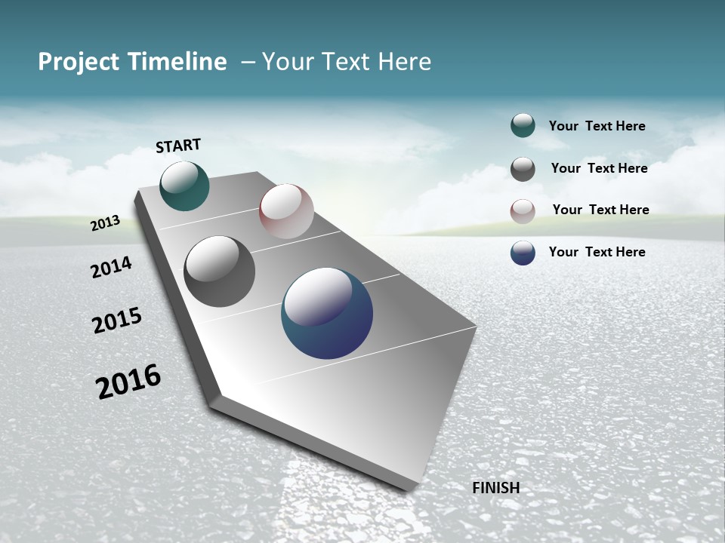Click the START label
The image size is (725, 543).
[178, 146]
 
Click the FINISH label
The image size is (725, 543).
[495, 488]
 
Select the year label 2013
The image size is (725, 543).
[106, 223]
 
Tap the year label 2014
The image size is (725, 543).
[111, 267]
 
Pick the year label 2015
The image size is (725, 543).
[117, 321]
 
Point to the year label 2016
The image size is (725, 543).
[128, 381]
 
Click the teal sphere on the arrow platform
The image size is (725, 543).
[184, 186]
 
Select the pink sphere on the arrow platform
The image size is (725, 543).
[286, 211]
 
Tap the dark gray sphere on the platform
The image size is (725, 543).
[219, 271]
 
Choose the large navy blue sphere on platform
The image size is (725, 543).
[327, 314]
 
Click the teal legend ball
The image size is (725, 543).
[523, 126]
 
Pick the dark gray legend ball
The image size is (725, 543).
[523, 169]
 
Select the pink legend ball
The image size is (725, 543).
[523, 210]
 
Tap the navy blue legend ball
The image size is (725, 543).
[523, 253]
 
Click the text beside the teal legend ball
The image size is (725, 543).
[597, 126]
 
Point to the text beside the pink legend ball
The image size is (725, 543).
[600, 210]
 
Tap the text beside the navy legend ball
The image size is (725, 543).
[597, 252]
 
